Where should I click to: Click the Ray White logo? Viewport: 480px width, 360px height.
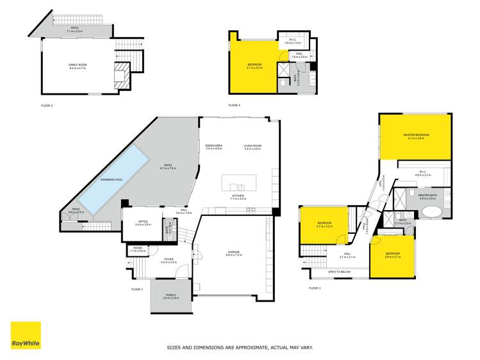pos(26,336)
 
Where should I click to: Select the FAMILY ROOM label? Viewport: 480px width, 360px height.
pos(77,65)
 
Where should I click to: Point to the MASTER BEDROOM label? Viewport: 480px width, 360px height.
pos(415,135)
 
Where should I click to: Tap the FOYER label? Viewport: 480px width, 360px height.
pos(168,259)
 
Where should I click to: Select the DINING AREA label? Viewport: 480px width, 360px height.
pos(213,146)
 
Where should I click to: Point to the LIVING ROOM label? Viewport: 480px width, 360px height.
pos(252,146)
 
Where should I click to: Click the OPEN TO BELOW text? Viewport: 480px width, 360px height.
pos(339,272)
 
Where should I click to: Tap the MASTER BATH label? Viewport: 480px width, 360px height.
pos(427,195)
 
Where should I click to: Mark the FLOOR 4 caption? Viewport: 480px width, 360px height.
pos(234,105)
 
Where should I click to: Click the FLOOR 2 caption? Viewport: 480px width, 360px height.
pos(47,105)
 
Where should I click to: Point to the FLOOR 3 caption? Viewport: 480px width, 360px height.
pos(315,289)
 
